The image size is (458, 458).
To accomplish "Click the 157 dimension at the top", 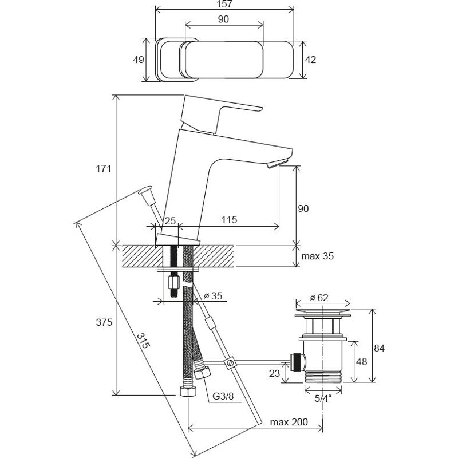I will (223, 4).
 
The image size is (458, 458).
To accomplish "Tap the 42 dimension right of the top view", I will (310, 60).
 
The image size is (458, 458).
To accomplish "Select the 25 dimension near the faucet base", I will (170, 220).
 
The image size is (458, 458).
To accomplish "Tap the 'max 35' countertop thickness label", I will (318, 256).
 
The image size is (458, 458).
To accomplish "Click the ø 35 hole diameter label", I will (213, 296).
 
